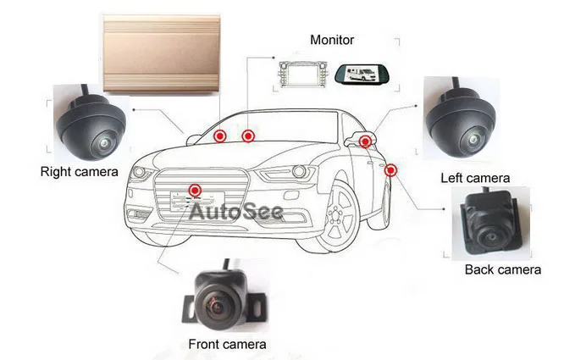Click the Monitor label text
pyautogui.click(x=332, y=40)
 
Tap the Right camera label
pyautogui.click(x=79, y=172)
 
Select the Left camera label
pyautogui.click(x=475, y=178)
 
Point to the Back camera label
pyautogui.click(x=503, y=269)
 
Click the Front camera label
pyautogui.click(x=227, y=344)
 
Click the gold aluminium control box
pyautogui.click(x=161, y=53)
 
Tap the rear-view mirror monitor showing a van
pyautogui.click(x=363, y=74)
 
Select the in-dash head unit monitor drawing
pyautogui.click(x=303, y=74)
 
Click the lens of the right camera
pyautogui.click(x=104, y=143)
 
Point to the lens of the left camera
pyautogui.click(x=473, y=139)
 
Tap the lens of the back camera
pyautogui.click(x=490, y=237)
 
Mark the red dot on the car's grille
pyautogui.click(x=195, y=190)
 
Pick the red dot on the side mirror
pyautogui.click(x=365, y=141)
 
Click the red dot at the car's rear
pyautogui.click(x=390, y=170)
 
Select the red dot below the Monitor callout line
pyautogui.click(x=248, y=136)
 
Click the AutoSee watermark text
pyautogui.click(x=236, y=212)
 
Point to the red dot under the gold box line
pyautogui.click(x=220, y=136)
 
